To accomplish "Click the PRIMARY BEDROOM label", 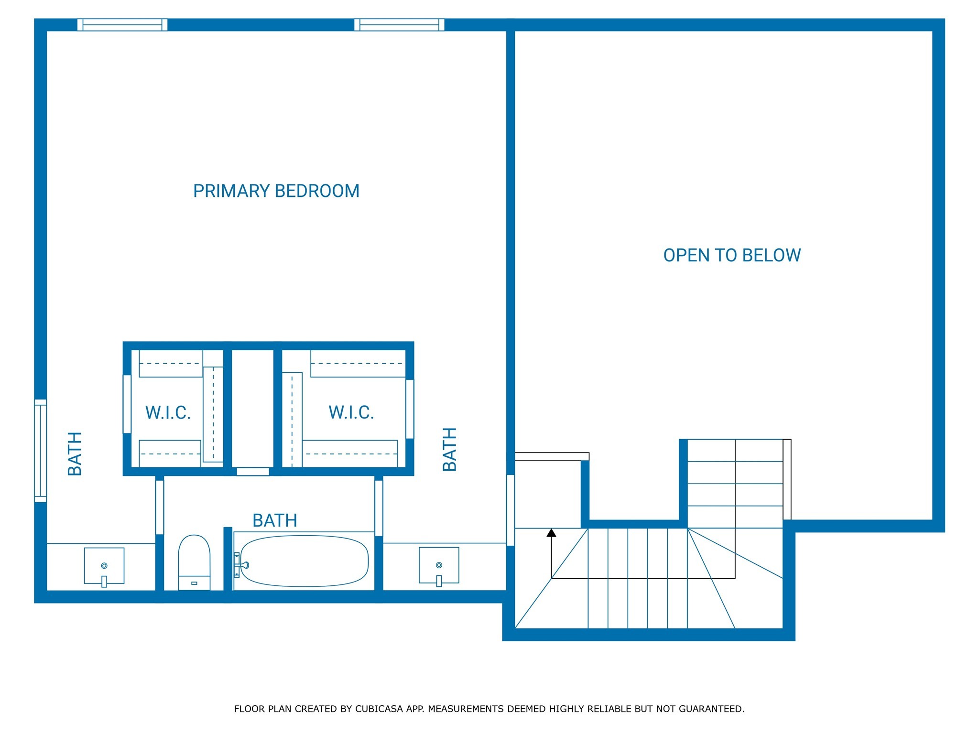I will tap(276, 191).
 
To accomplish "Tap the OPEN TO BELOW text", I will tap(731, 255).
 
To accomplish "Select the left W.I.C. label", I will tap(168, 412).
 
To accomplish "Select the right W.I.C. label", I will tap(351, 412).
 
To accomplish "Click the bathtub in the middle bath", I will tap(305, 561).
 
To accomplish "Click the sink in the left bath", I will tap(104, 566).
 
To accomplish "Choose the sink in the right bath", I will tap(439, 565).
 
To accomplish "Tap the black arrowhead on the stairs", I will tap(551, 532).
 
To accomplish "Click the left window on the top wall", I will tap(122, 25).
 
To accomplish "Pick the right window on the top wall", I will tap(399, 25).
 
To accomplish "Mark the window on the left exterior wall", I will tap(41, 451).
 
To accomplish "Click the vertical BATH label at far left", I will tap(75, 453).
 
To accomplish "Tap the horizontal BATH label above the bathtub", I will tap(275, 520).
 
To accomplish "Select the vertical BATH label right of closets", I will tap(450, 449).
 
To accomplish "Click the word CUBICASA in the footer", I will tap(379, 709).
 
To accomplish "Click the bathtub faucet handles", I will tap(239, 565).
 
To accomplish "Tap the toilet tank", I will tap(194, 583).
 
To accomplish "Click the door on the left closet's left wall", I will tap(127, 404).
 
